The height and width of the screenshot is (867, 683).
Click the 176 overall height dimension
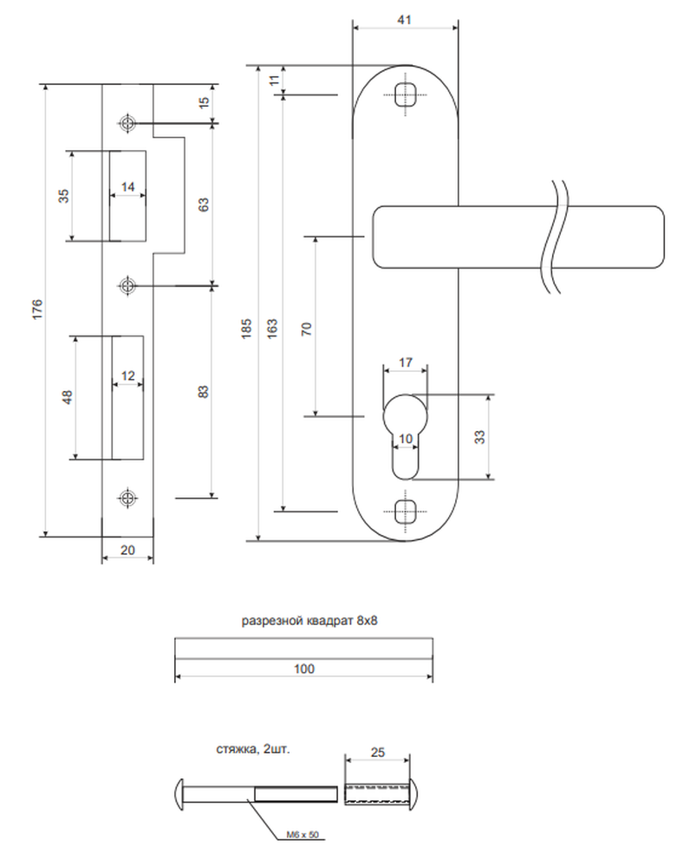pyautogui.click(x=37, y=310)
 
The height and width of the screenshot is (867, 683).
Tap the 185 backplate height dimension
pyautogui.click(x=246, y=328)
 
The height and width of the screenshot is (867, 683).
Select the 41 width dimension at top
pyautogui.click(x=405, y=19)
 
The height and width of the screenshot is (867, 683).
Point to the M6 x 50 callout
pyautogui.click(x=302, y=834)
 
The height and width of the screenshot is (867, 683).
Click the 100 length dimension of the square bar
pyautogui.click(x=304, y=668)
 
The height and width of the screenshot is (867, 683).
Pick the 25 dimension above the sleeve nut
pyautogui.click(x=377, y=752)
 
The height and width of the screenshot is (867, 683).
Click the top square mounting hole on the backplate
pyautogui.click(x=406, y=95)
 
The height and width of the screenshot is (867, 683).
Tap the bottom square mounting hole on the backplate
pyautogui.click(x=406, y=512)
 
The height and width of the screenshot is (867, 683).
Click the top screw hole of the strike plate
pyautogui.click(x=127, y=123)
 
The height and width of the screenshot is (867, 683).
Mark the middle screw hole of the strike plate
pyautogui.click(x=127, y=286)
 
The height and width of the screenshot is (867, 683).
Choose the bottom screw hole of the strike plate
pyautogui.click(x=127, y=498)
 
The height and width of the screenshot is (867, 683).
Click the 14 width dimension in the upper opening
pyautogui.click(x=127, y=187)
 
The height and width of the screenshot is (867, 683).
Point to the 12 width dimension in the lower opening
pyautogui.click(x=127, y=376)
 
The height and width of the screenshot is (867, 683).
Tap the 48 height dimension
pyautogui.click(x=67, y=397)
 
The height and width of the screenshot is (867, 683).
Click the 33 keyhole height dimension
pyautogui.click(x=479, y=437)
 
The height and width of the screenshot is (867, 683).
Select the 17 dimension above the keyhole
pyautogui.click(x=406, y=362)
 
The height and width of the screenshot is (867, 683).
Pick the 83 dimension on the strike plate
pyautogui.click(x=204, y=392)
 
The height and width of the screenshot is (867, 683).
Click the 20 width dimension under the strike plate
pyautogui.click(x=127, y=551)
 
